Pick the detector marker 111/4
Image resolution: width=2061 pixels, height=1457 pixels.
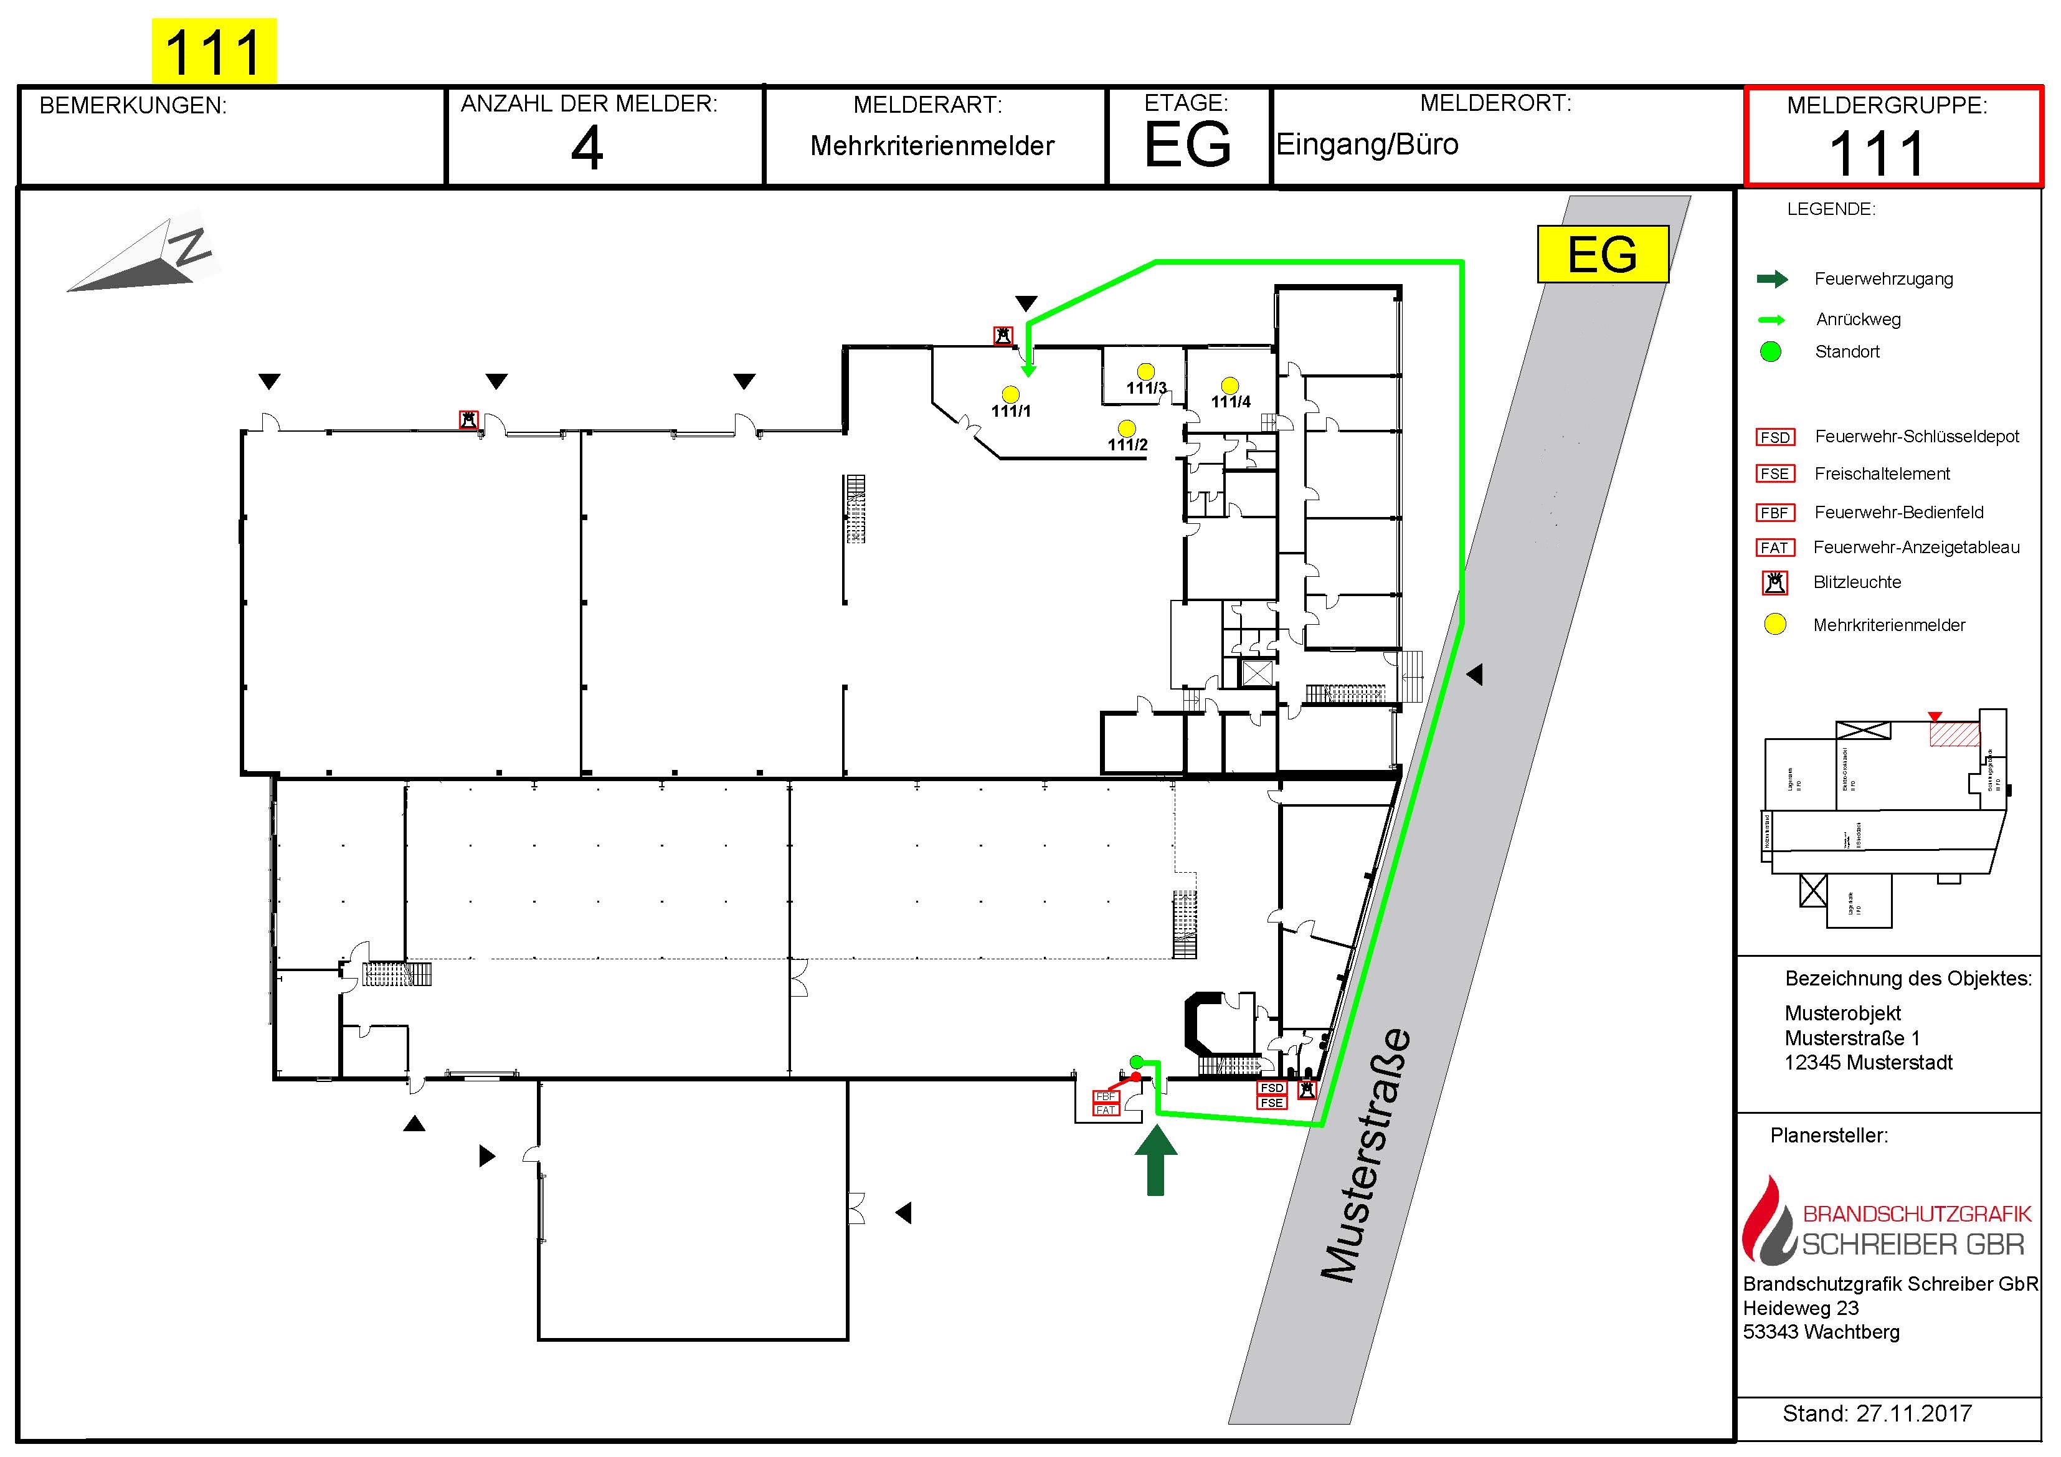(x=1229, y=387)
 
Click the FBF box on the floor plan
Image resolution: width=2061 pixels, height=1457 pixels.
(x=1105, y=1097)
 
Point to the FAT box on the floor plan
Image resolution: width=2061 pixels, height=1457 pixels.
(x=1105, y=1111)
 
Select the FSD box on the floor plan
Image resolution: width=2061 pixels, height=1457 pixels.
(x=1272, y=1088)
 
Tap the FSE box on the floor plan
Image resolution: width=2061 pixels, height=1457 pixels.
(x=1272, y=1103)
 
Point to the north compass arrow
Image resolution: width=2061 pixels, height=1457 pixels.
(x=144, y=260)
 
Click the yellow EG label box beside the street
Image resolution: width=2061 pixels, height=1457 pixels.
(x=1603, y=254)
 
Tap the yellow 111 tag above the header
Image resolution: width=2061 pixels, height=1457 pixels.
(x=214, y=51)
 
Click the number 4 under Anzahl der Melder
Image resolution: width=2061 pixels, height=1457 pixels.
(x=587, y=148)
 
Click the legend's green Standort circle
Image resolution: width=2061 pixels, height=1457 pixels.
(x=1770, y=352)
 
